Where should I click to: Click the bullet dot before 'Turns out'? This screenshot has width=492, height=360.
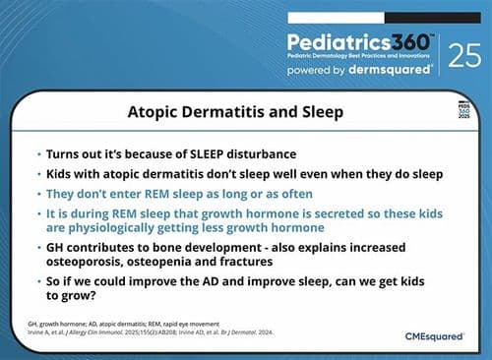[37, 155]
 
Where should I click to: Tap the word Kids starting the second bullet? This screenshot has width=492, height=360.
[60, 173]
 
